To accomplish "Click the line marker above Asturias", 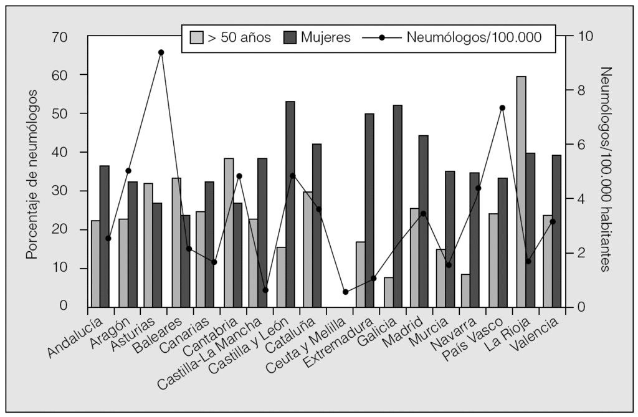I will point(161,52).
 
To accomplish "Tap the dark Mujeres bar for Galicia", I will point(398,206).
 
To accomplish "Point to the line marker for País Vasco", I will point(502,108).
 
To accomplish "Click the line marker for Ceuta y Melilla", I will point(346,292).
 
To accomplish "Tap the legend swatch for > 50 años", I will point(196,37).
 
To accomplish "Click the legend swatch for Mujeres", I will point(290,37).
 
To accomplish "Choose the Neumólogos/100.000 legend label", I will point(474,37).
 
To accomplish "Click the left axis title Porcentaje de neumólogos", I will point(31,174).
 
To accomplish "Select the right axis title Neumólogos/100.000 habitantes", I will point(607,170).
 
